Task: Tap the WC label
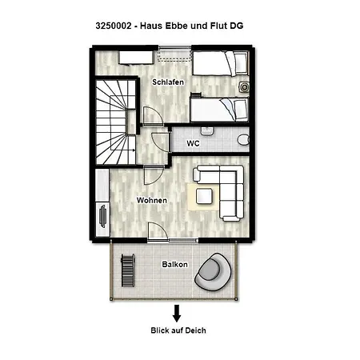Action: coord(193,144)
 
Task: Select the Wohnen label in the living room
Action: coord(151,199)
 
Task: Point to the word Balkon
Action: coord(174,264)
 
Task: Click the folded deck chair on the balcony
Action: coord(126,270)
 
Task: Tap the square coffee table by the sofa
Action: coord(204,194)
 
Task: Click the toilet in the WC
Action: coord(243,139)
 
